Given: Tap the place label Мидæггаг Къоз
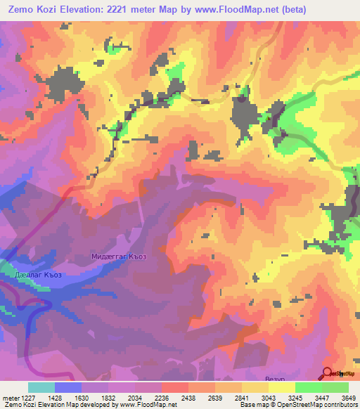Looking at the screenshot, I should coord(120,257).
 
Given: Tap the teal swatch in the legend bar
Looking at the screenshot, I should coord(41,387).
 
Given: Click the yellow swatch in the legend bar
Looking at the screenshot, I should coord(255,387).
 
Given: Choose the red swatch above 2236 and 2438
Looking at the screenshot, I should coord(175,387).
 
